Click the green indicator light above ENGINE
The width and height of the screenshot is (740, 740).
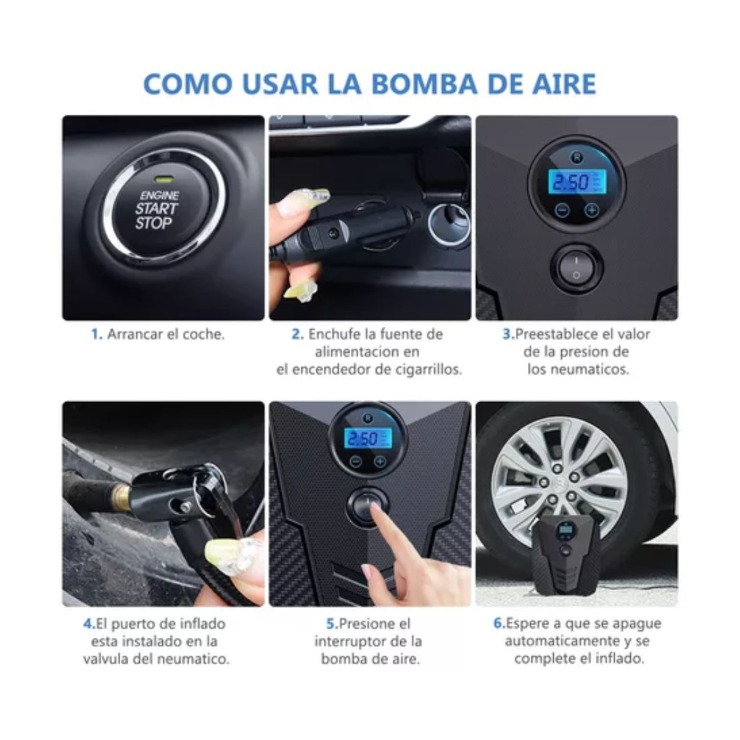coord(163,181)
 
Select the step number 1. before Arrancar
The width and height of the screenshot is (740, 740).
coord(96,334)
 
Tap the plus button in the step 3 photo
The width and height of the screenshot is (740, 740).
coord(591,210)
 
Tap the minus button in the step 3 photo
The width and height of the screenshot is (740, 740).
coord(561,210)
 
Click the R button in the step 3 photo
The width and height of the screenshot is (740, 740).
coord(577,157)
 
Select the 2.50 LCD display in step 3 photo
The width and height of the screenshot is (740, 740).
coord(577,183)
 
